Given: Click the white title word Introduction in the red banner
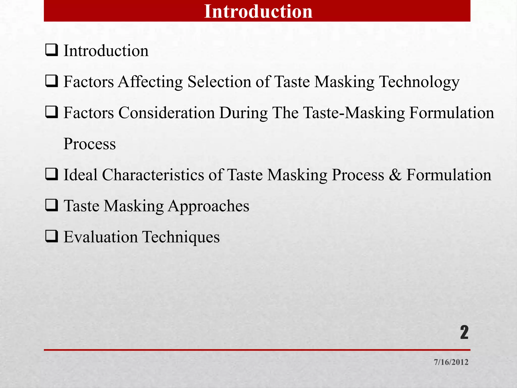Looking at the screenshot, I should click(258, 12).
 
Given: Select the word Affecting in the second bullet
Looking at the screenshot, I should click(150, 82).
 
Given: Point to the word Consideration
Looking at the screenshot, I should click(167, 113).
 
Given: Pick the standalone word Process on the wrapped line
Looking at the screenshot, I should click(90, 144).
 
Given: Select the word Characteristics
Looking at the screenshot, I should click(153, 175).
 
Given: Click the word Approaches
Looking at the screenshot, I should click(209, 206).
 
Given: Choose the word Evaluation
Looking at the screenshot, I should click(100, 237).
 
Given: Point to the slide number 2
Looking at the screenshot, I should click(464, 332).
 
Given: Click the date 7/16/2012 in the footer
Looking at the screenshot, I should click(451, 362).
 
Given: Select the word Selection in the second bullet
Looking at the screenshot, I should click(219, 82).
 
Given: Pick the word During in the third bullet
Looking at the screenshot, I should click(243, 113).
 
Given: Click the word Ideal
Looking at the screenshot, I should click(80, 175).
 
